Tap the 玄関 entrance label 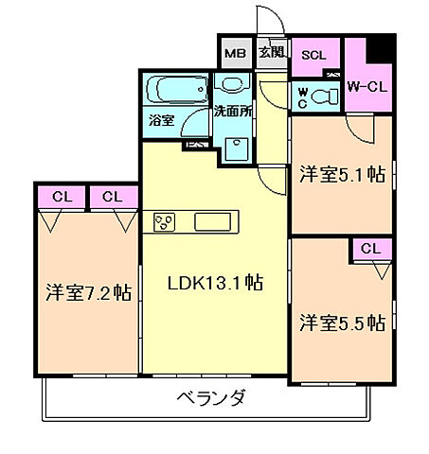[271, 53]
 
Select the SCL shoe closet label [313, 54]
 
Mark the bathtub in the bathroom [177, 92]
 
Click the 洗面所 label [232, 111]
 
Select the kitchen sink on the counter [216, 222]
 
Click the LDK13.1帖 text [216, 282]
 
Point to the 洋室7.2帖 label [87, 292]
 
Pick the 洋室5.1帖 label [342, 174]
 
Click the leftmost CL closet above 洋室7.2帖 [63, 197]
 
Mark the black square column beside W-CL [380, 44]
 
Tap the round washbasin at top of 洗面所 [228, 83]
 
